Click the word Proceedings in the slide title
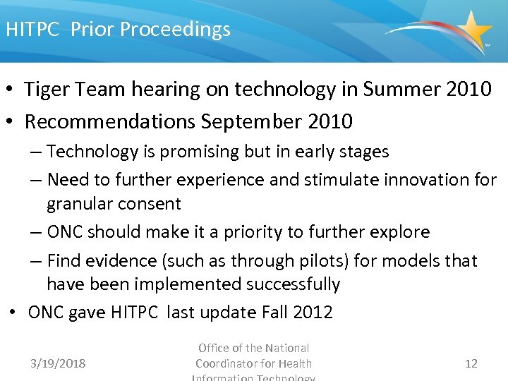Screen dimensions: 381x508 [x=175, y=30]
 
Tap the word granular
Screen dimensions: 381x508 [x=79, y=204]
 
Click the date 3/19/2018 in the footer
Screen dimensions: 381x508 [x=58, y=363]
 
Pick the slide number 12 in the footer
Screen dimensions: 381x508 [x=471, y=363]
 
